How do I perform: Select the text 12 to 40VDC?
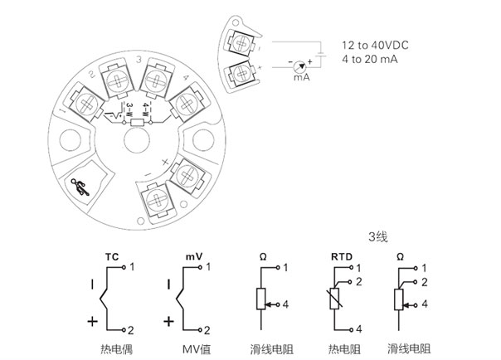[x=377, y=45]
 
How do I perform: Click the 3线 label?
[x=378, y=237]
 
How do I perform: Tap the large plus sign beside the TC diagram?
[x=94, y=320]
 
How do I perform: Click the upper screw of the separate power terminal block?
[x=242, y=42]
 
